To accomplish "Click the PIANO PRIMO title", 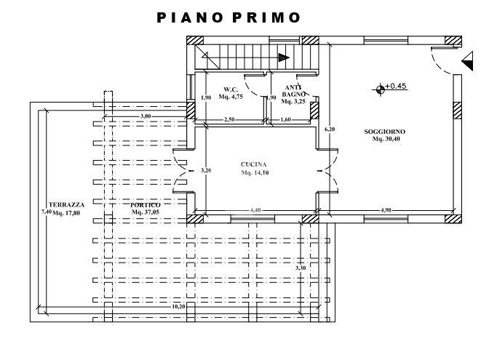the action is click(228, 17).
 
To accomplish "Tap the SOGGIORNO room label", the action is click(384, 132).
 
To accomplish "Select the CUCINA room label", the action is click(253, 164).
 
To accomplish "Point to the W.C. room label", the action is click(231, 89).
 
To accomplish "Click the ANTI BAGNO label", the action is click(293, 91).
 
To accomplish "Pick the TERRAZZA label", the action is click(66, 205).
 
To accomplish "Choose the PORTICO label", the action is click(146, 205).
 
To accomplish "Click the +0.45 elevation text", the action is click(396, 86).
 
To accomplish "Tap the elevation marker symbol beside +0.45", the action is click(380, 89).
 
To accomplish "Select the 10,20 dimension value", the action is click(178, 306).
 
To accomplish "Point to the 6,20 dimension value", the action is click(330, 129).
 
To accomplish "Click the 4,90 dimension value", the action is click(386, 210).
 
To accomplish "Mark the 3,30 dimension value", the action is click(301, 268).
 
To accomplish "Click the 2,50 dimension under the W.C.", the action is click(229, 119).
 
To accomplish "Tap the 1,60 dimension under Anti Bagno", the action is click(286, 119).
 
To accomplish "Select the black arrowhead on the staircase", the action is click(284, 57).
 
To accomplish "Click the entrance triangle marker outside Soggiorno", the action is click(467, 61).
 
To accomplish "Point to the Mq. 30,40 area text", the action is click(386, 139).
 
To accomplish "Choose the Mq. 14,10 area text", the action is click(255, 172).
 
